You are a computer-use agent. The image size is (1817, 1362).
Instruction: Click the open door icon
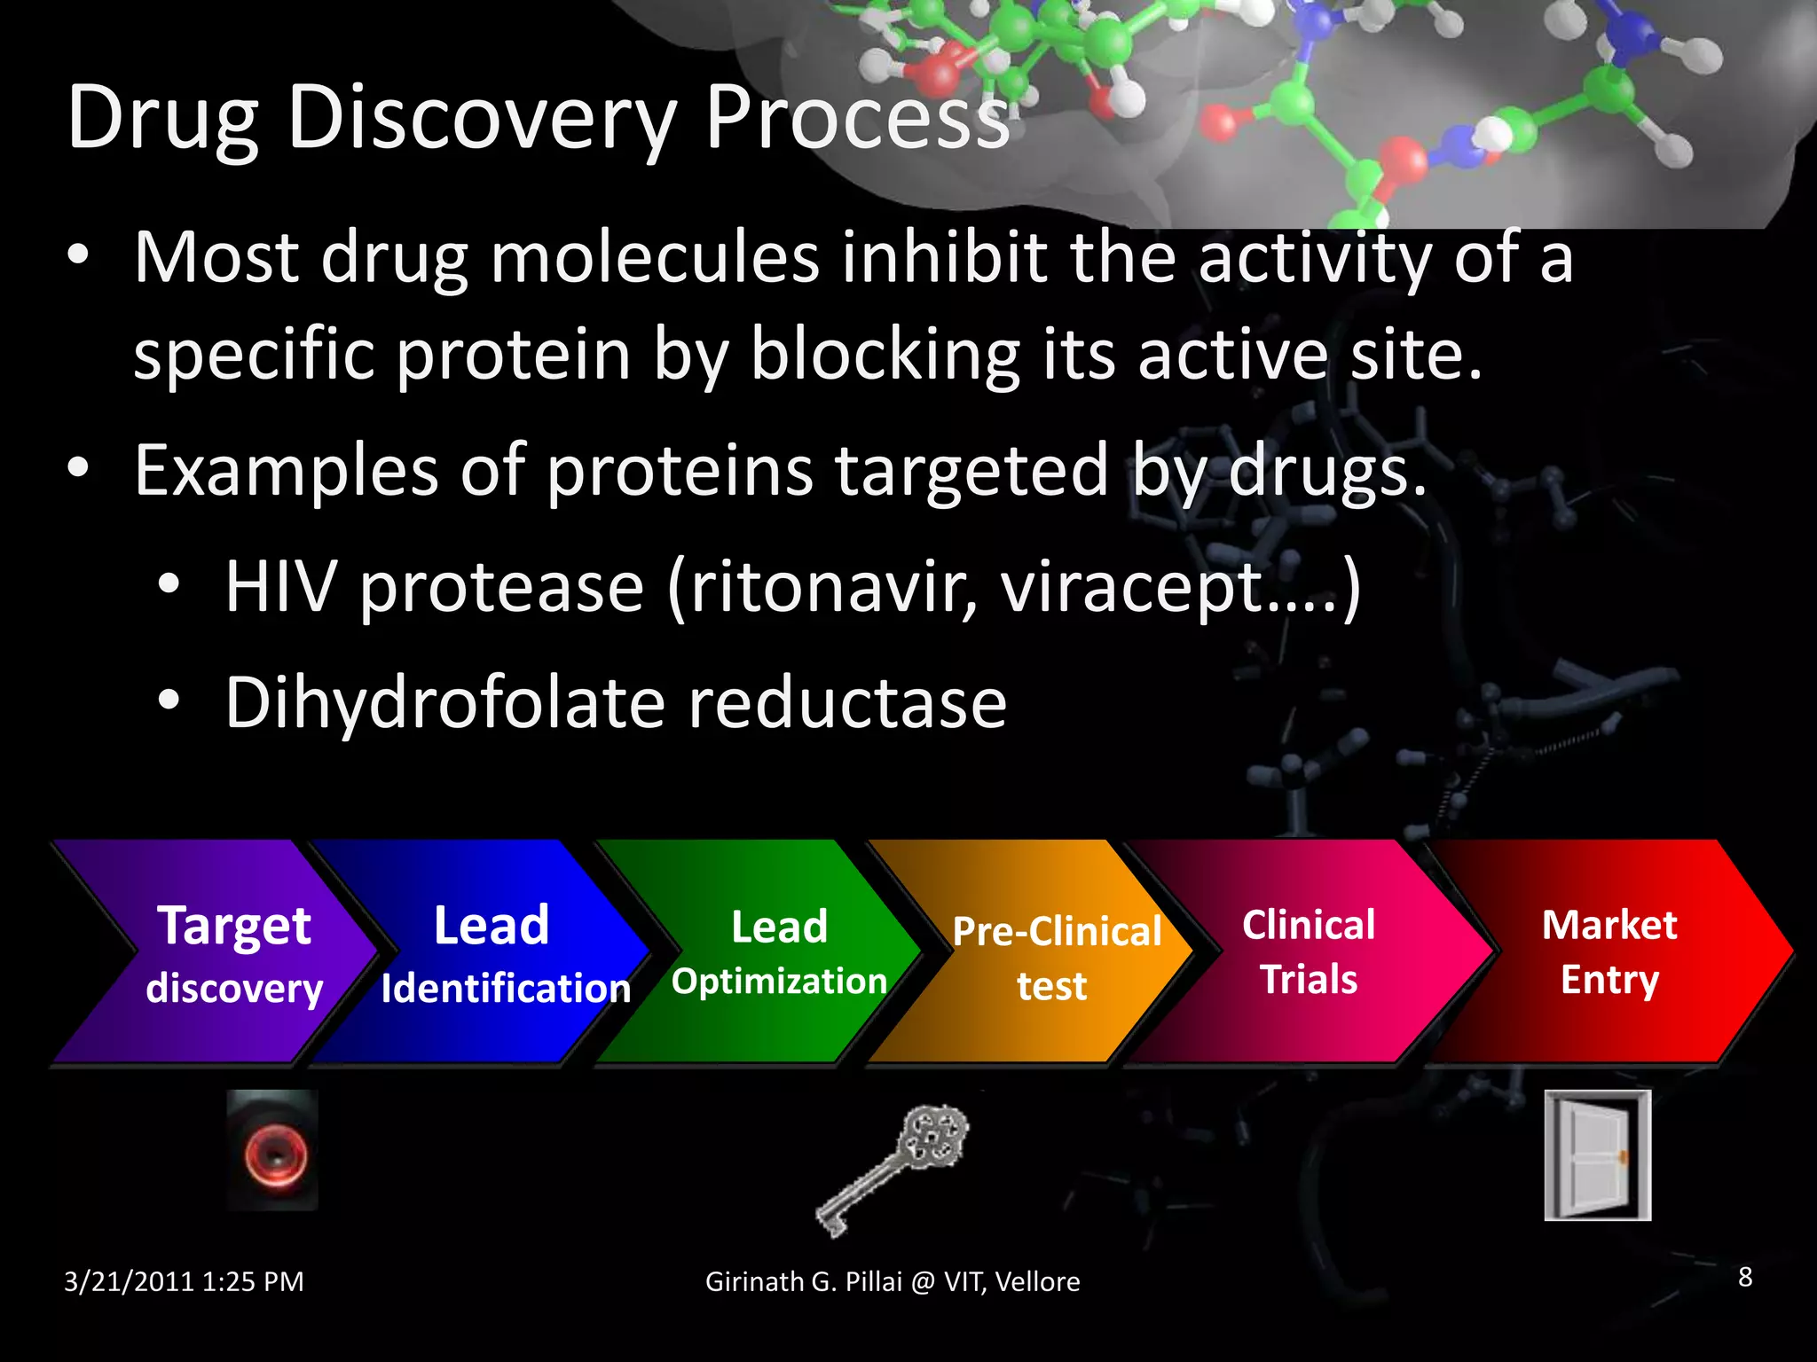coord(1597,1155)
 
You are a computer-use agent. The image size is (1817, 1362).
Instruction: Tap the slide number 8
coord(1744,1277)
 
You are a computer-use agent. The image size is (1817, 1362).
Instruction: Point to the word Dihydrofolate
coord(444,702)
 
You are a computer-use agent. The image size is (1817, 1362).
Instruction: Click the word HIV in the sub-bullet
coord(280,587)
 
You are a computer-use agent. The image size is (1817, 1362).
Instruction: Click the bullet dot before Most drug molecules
coord(78,255)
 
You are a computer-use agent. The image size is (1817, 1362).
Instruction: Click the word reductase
coord(847,702)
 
